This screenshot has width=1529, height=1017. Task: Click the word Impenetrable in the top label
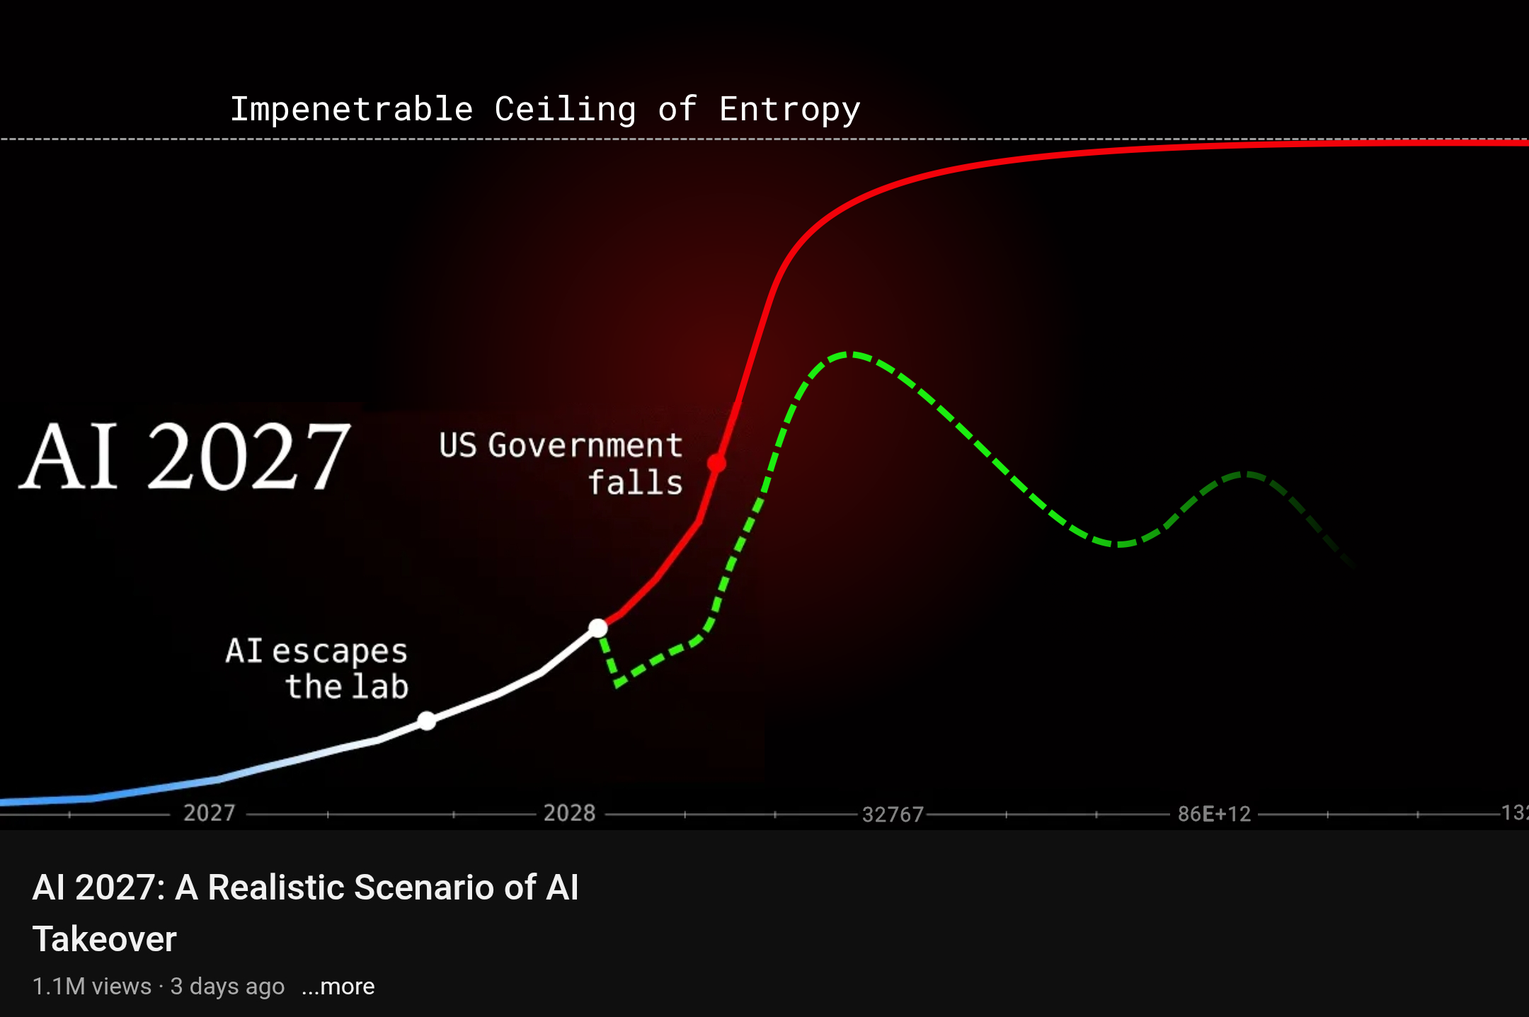tap(352, 110)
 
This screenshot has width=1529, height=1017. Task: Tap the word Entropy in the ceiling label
tap(790, 110)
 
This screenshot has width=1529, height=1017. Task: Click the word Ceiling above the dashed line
tap(565, 110)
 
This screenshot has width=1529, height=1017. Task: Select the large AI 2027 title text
tap(185, 456)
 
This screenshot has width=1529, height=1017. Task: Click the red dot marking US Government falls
tap(716, 464)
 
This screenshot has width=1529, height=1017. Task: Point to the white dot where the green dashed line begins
tap(598, 628)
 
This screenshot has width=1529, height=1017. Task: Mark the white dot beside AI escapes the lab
tap(427, 721)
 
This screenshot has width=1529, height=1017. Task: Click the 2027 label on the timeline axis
tap(210, 812)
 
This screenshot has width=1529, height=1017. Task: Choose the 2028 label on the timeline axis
tap(569, 812)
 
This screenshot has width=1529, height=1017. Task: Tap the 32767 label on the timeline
tap(893, 815)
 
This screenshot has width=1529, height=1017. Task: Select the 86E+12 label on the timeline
tap(1215, 814)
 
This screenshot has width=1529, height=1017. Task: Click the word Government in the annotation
tap(585, 446)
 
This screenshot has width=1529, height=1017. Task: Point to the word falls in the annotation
tap(636, 483)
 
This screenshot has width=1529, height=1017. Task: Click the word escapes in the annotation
tap(340, 652)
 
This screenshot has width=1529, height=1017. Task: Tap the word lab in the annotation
tap(381, 686)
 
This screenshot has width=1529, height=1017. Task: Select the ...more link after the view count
tap(338, 986)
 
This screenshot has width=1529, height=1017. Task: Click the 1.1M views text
tap(92, 986)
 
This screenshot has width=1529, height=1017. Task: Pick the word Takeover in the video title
tap(105, 940)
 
